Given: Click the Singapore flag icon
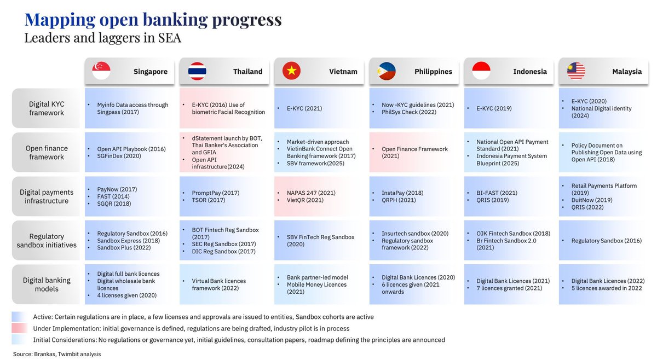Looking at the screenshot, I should (x=101, y=71).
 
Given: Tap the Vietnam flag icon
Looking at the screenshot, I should (x=291, y=71).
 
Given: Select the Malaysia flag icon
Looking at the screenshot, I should (x=576, y=71).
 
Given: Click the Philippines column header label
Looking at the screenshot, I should (x=433, y=72).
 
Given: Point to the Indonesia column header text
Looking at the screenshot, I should (x=530, y=72).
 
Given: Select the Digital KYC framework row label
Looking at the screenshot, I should (x=47, y=108).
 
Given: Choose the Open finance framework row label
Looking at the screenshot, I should (x=47, y=153).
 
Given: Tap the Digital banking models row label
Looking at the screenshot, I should (x=47, y=284).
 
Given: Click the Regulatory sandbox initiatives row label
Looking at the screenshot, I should (x=47, y=241).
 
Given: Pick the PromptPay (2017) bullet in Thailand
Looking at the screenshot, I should (x=216, y=193).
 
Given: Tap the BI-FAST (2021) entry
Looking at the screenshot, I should (x=497, y=193).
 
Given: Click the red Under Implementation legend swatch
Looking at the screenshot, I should (x=19, y=328).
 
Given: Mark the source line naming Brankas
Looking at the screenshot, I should (x=57, y=354).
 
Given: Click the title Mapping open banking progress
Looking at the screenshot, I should (x=153, y=20).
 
